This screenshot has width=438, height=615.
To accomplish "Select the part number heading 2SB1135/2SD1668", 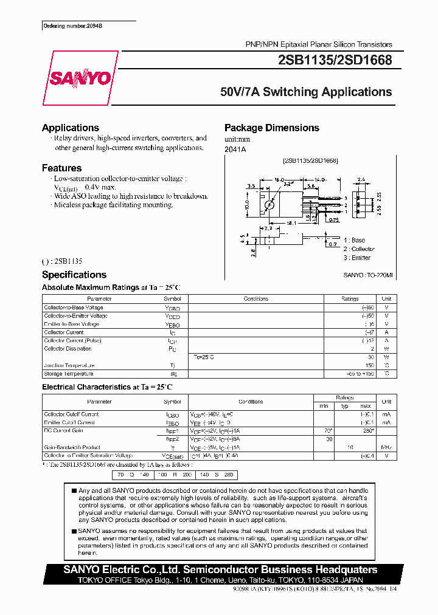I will point(335,60).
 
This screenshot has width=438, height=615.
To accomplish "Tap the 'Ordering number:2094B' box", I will point(69,26).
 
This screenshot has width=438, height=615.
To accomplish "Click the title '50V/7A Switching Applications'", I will point(306,92).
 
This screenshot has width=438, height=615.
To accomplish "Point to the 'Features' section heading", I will point(61,168).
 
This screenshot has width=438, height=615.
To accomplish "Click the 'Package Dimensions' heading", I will point(271,128).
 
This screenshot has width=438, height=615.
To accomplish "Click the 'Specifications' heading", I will point(74,275).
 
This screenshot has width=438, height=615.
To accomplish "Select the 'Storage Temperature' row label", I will point(69,374).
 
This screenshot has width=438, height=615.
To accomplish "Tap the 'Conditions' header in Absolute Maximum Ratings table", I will point(255,299).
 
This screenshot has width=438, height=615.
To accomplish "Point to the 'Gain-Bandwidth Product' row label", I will point(72,447).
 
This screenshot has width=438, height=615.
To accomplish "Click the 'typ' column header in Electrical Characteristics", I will point(344,405).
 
